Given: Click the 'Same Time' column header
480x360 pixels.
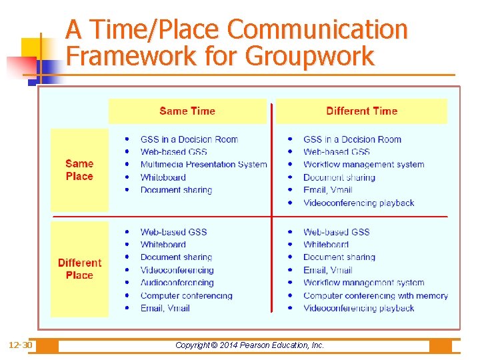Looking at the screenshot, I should pos(187,111).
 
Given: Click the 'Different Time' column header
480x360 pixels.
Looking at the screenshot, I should pos(361,111).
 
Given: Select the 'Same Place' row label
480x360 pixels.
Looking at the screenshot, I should pos(79,170).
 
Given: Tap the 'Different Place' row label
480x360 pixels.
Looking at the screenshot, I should pos(79,269).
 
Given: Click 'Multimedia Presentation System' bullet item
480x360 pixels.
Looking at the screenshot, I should pos(203,164).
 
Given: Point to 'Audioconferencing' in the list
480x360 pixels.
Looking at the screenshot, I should pos(177,283).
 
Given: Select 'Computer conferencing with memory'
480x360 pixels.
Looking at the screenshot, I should pos(375,295).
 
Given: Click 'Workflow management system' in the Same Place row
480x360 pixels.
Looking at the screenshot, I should pos(363,164).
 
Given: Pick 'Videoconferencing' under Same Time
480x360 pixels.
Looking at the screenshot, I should pos(177,270).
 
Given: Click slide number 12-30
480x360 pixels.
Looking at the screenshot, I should pos(20,345).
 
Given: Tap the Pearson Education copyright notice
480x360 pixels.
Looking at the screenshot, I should pos(249,345).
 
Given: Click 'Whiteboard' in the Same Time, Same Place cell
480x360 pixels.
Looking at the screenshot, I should pos(163,177).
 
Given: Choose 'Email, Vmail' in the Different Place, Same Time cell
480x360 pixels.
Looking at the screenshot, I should pos(165,308).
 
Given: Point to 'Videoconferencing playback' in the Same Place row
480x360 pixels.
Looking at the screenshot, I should pos(359,203).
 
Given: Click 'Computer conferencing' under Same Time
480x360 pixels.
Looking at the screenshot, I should pos(186,295).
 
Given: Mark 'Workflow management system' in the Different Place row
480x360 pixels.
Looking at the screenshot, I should pos(363,283).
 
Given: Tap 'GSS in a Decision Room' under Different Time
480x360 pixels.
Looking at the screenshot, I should pos(352,139).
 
